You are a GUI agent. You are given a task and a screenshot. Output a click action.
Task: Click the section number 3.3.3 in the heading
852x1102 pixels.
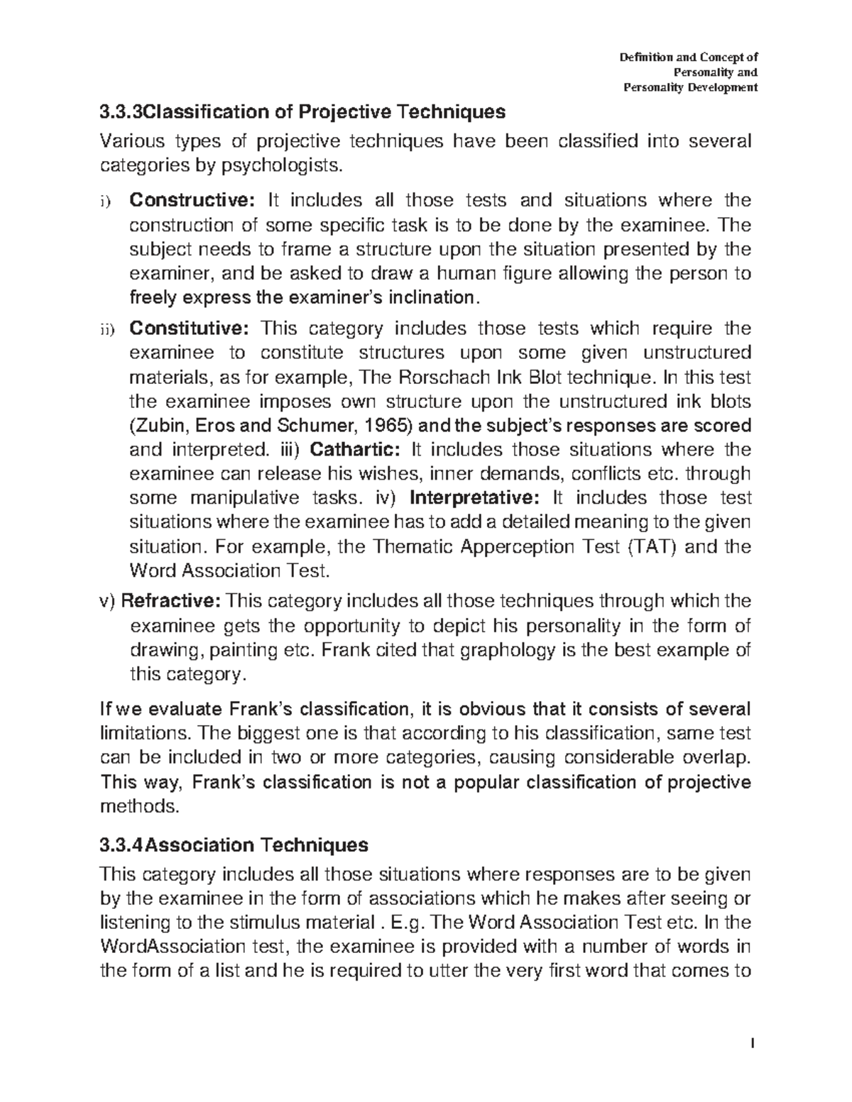tap(121, 112)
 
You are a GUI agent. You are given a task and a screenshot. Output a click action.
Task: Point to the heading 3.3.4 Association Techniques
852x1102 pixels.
tap(234, 845)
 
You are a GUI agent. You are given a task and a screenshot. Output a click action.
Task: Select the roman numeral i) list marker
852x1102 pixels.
tap(106, 202)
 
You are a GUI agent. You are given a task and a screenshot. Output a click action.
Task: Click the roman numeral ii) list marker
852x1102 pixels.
tap(106, 330)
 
